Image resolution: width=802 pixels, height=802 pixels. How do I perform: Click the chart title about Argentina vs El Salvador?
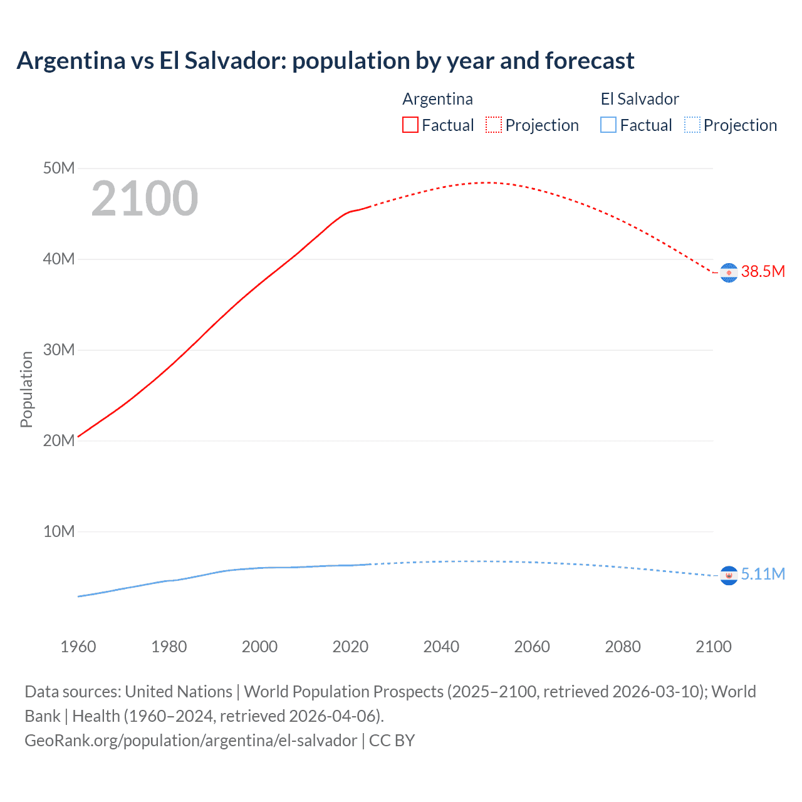pos(325,61)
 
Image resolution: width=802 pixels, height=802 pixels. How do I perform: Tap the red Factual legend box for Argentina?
pos(410,125)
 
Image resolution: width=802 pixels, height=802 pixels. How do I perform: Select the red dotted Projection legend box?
pos(494,125)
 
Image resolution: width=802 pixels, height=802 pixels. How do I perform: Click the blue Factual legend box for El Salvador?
pos(608,125)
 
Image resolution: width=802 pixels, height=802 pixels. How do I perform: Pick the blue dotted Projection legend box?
pos(692,125)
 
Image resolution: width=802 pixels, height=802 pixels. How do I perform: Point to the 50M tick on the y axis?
pos(59,168)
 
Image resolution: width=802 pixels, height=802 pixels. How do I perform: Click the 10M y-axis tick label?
pos(59,531)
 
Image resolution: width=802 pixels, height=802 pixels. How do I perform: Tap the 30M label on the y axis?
pos(59,350)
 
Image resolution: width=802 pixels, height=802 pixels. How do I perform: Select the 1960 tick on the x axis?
pos(78,647)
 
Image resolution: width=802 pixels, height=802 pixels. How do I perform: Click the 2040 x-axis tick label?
pos(441,647)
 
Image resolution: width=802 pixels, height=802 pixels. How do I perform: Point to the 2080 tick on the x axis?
pos(623,647)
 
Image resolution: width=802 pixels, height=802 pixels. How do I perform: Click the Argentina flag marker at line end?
pos(729,273)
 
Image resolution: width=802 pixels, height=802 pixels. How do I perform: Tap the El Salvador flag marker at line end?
pos(729,575)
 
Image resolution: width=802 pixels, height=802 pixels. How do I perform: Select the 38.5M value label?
pos(763,271)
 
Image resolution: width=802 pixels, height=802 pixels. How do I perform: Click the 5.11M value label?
pos(763,574)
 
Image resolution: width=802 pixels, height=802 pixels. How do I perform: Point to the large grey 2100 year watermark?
pos(145,199)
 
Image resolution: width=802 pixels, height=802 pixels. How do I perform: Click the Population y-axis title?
pos(26,389)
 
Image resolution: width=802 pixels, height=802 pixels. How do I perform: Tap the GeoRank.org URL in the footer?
pos(190,741)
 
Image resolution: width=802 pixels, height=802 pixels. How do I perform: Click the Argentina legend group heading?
pos(437,99)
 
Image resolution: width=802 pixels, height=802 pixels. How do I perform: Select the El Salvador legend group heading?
pos(640,99)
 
